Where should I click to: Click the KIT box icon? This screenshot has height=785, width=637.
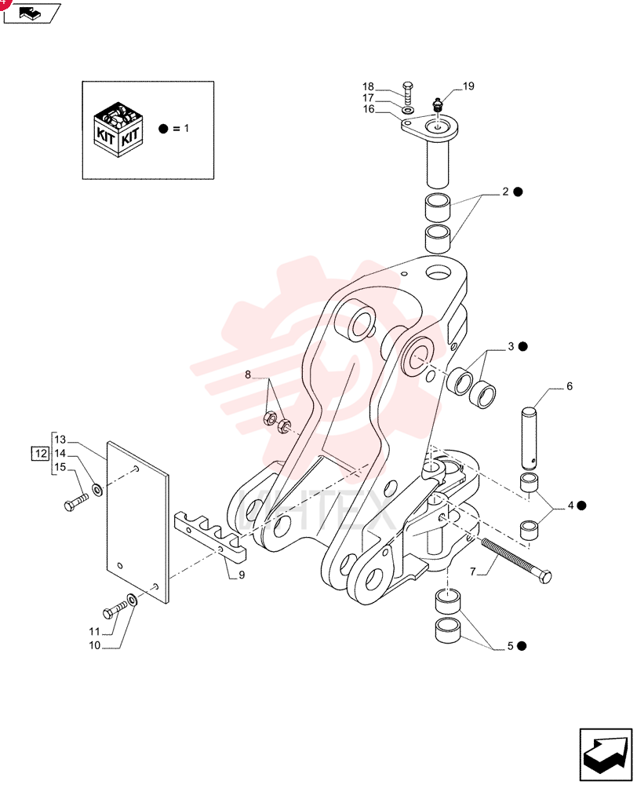(x=118, y=130)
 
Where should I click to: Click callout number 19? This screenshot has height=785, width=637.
(x=468, y=86)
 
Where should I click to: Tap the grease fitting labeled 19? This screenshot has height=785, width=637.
(x=438, y=105)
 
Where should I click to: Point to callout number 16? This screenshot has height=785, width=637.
(x=369, y=109)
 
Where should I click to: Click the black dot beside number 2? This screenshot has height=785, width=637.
(x=518, y=192)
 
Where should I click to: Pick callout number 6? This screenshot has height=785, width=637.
(x=570, y=386)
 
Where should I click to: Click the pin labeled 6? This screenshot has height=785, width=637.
(x=530, y=436)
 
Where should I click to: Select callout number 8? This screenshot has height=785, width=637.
(x=248, y=374)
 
